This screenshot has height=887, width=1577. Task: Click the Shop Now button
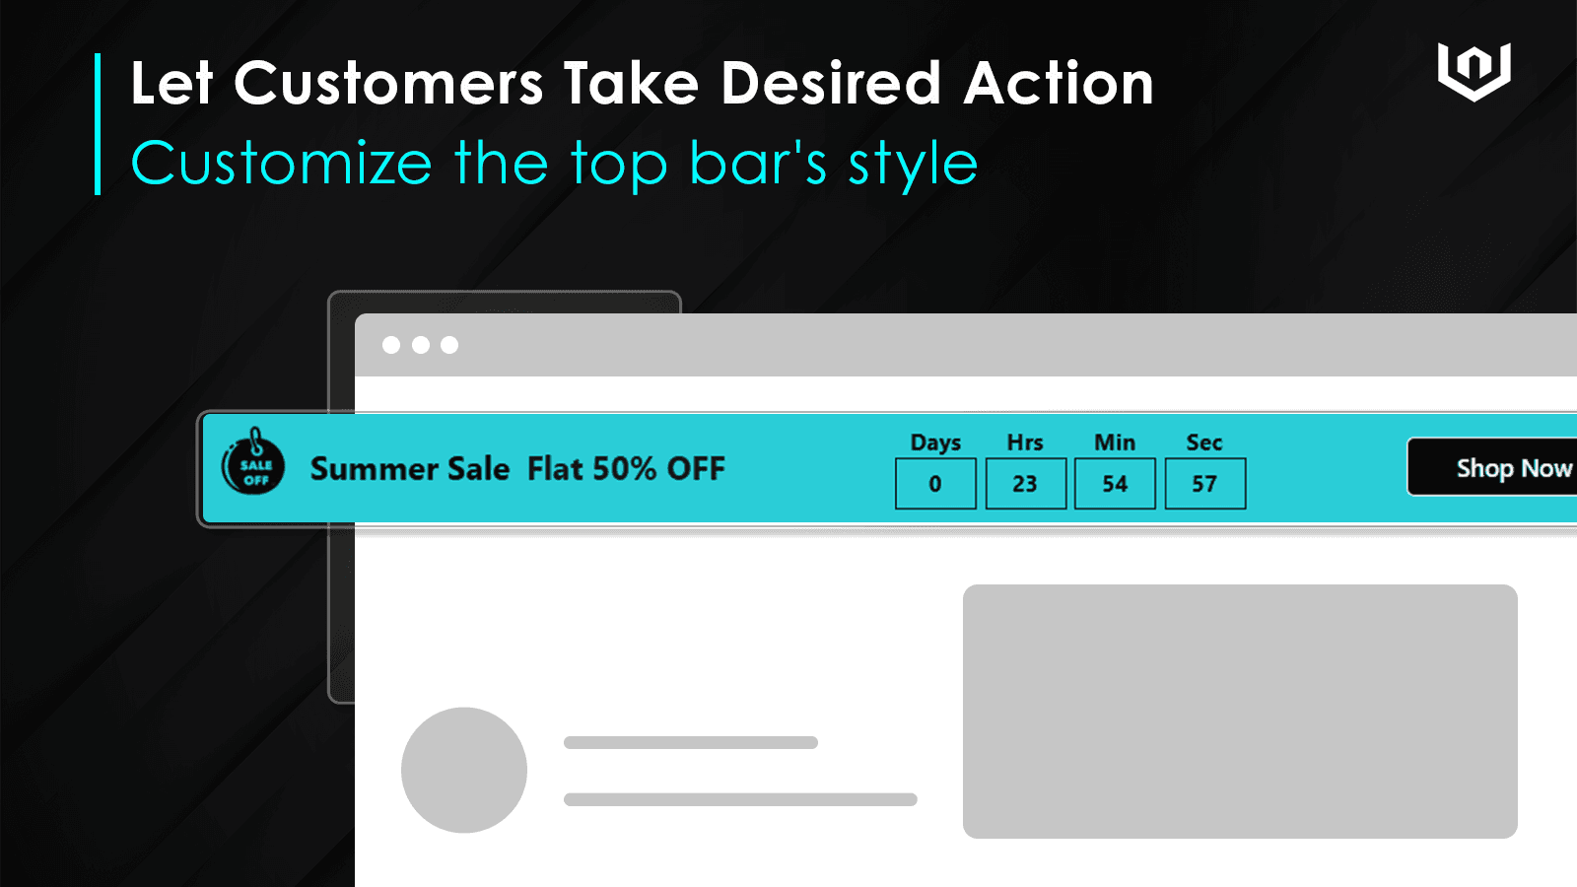[1492, 467]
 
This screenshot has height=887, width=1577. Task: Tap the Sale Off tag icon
[252, 462]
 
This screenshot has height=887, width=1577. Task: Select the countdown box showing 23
[1025, 484]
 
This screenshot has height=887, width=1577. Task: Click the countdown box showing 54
[1115, 484]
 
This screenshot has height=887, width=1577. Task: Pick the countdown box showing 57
[1204, 484]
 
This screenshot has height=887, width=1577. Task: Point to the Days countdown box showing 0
[935, 484]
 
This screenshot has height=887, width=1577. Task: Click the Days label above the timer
[935, 443]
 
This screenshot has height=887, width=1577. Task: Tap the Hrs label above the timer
[1025, 443]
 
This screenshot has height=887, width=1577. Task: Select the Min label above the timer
[1115, 443]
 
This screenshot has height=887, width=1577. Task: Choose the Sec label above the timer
[1203, 443]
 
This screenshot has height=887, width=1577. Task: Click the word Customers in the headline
[388, 83]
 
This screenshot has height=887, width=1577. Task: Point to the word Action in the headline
[1059, 83]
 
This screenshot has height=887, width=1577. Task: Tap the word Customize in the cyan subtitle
[281, 164]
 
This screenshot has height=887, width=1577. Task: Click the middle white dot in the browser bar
[420, 345]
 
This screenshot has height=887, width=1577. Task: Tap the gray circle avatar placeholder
[464, 770]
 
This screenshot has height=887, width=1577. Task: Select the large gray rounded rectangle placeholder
[1240, 711]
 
